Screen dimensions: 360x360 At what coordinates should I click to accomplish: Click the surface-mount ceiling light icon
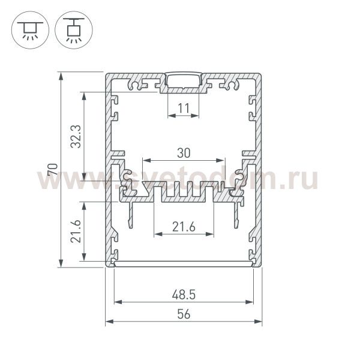point(28,28)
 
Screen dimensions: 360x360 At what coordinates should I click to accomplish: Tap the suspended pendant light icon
point(71,28)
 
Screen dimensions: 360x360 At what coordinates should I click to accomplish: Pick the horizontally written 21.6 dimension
point(184,226)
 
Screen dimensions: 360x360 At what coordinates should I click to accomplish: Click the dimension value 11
point(184,108)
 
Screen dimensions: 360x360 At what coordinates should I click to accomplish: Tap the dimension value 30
point(184,153)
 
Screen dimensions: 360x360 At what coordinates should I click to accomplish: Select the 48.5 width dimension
point(184,295)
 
